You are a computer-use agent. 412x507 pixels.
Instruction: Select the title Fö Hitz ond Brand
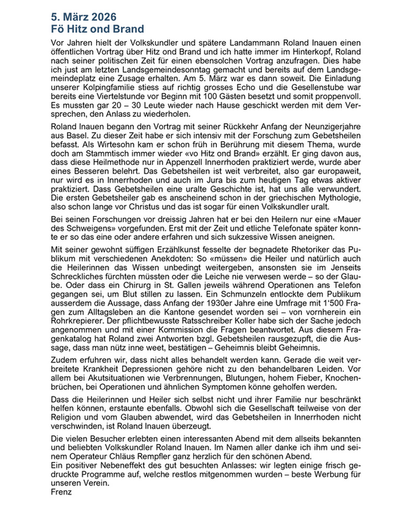click(98, 28)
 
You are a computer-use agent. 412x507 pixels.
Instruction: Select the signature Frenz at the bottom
click(62, 492)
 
